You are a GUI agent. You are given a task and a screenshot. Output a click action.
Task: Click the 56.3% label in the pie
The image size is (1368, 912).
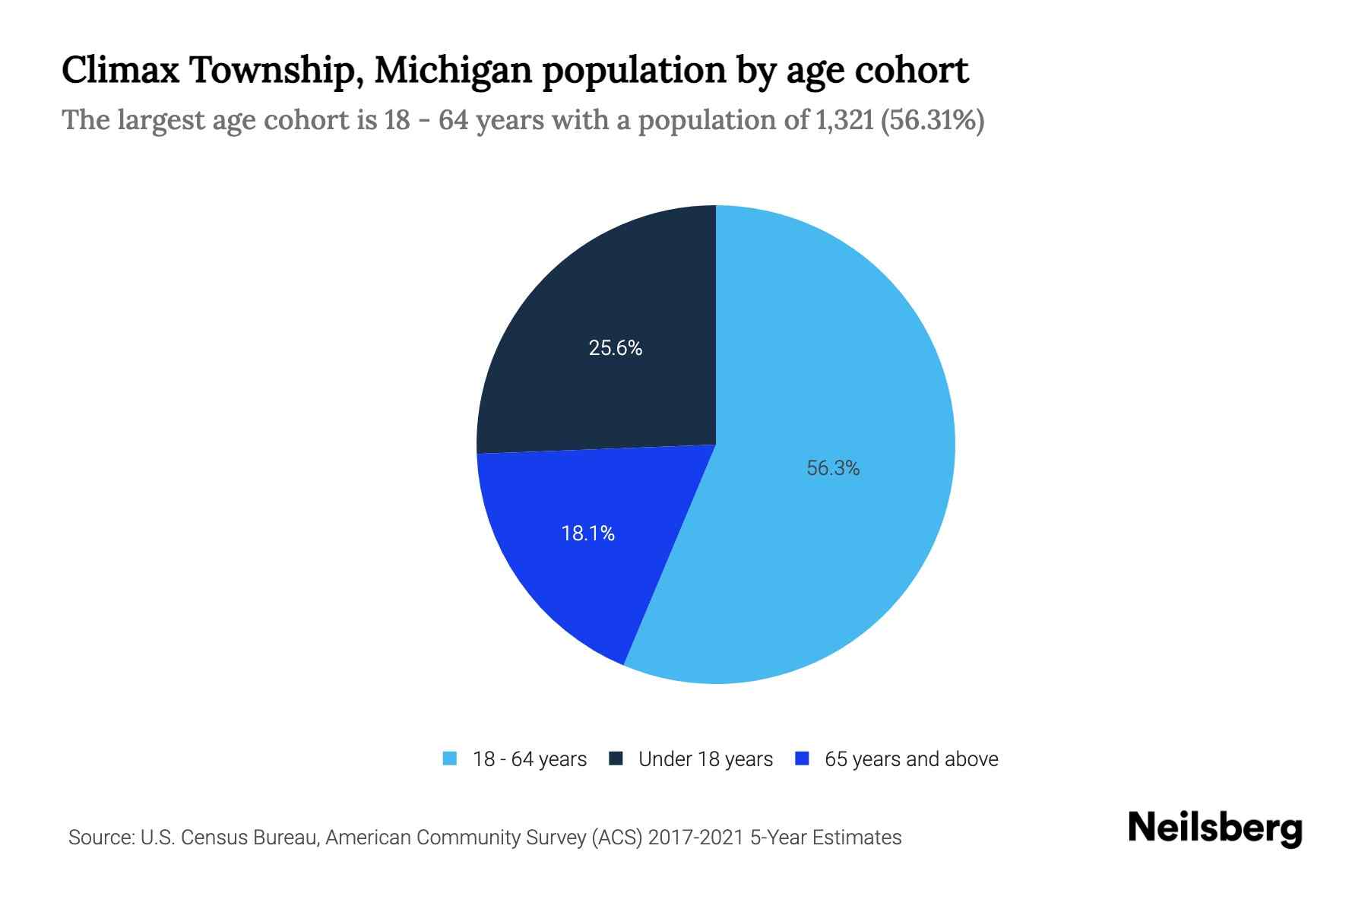coord(833,468)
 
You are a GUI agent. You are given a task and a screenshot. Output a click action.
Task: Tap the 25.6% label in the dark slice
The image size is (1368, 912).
coord(615,348)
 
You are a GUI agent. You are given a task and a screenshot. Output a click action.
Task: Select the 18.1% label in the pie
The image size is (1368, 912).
coord(587,534)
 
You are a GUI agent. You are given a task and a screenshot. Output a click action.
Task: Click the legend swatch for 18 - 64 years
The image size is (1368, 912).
coord(450,758)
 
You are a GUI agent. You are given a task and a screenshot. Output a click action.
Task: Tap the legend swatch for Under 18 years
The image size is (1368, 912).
coord(616,758)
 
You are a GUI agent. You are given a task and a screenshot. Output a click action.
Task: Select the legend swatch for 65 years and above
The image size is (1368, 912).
coord(802,758)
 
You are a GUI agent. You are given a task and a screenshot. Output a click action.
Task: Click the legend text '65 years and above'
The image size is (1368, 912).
coord(911,759)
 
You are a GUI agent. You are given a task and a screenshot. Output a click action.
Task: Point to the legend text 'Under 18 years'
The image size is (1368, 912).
coord(705,759)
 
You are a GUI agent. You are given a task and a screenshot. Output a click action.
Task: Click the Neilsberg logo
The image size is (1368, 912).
coord(1214,828)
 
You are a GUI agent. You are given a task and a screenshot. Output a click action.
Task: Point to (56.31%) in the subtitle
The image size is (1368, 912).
coord(933,120)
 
